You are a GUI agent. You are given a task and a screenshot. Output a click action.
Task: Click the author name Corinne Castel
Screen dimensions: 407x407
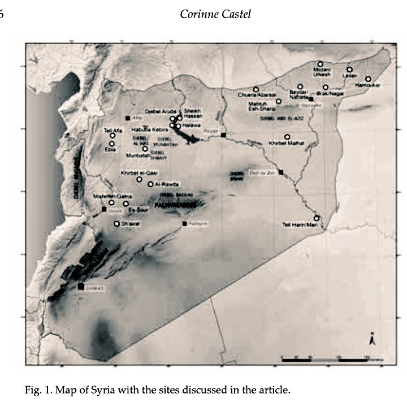click(x=215, y=14)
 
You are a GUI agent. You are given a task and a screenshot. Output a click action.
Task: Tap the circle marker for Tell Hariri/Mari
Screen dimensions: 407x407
click(x=317, y=218)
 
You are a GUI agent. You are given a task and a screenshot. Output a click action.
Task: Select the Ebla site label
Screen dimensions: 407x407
click(x=111, y=150)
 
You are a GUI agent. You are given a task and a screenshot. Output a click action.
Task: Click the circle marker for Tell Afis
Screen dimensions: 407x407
click(x=112, y=135)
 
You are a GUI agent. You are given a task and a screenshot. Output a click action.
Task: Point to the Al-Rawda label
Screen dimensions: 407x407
click(x=168, y=184)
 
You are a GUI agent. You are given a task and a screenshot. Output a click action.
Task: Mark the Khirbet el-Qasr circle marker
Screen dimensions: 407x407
click(x=140, y=180)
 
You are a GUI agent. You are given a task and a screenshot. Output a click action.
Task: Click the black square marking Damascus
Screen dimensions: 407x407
click(x=81, y=287)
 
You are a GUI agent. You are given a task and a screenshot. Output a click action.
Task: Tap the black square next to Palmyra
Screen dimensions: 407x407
click(x=185, y=224)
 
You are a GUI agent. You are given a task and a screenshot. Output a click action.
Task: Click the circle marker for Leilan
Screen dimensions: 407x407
click(x=349, y=70)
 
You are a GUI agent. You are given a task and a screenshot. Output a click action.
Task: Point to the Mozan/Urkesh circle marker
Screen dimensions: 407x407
click(x=320, y=64)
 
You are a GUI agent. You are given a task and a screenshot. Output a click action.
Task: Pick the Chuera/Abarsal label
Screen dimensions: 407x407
click(x=257, y=95)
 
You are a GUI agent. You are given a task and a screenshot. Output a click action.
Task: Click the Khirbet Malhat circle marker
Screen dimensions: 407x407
click(x=287, y=137)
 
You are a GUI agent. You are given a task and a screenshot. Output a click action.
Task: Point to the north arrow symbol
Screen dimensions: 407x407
click(x=371, y=340)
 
